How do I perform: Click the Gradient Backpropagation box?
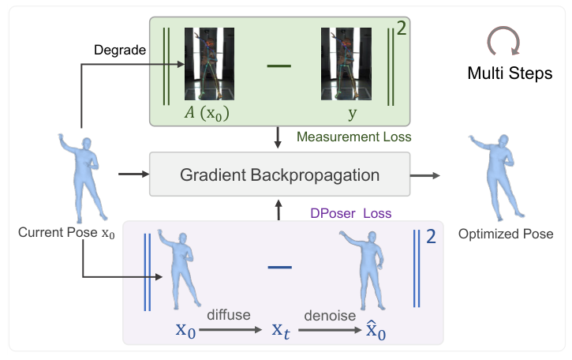point(280,174)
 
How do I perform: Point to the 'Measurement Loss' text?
point(354,137)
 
